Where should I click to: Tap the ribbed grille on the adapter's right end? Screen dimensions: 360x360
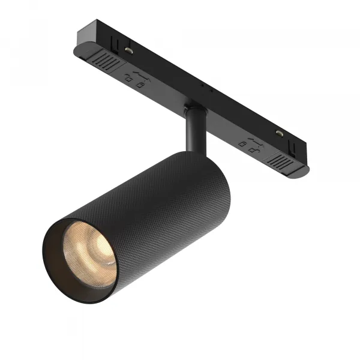(283, 161)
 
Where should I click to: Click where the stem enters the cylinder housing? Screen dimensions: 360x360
(195, 150)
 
